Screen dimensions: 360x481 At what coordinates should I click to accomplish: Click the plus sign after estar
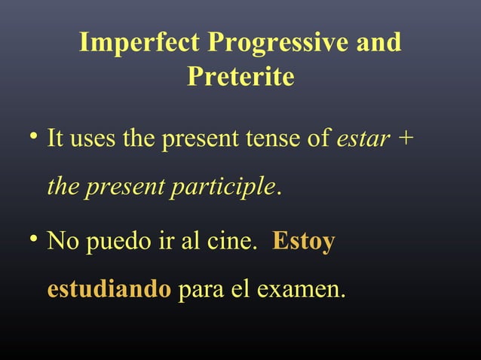point(407,139)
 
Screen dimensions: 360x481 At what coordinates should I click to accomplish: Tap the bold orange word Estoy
point(303,243)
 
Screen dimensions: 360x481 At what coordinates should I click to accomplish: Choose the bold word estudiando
point(109,289)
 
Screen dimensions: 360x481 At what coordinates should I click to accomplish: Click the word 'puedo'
point(117,243)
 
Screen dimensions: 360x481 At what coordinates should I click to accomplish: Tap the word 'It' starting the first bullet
point(54,139)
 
